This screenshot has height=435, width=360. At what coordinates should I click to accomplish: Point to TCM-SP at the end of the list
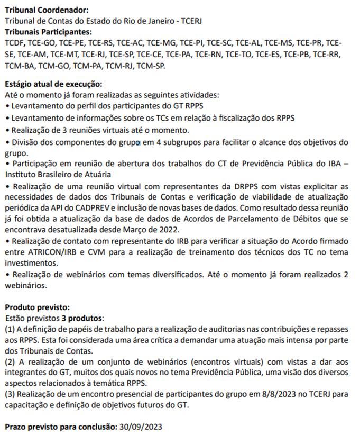pyautogui.click(x=151, y=66)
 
